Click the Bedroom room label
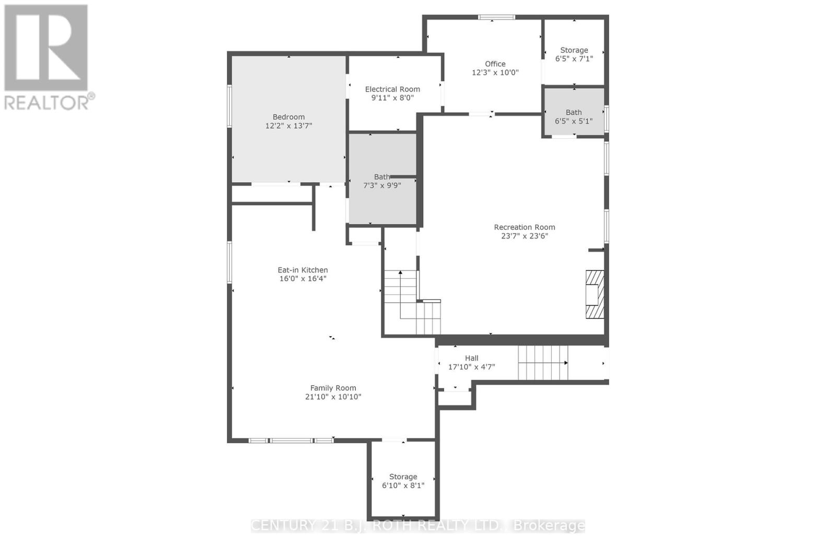tap(288, 117)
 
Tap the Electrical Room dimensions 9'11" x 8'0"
tap(392, 98)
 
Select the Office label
tap(495, 64)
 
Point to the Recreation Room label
tap(524, 227)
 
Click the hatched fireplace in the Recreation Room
tap(595, 294)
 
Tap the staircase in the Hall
tap(542, 363)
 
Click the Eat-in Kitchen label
tap(303, 270)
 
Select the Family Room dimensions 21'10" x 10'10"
tap(333, 397)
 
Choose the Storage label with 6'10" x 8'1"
tap(403, 477)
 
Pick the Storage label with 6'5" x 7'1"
tap(574, 50)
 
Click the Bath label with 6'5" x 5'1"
tap(573, 112)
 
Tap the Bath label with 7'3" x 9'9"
tap(381, 177)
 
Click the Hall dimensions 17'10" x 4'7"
tap(471, 367)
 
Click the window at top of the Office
tap(496, 18)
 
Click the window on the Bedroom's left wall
tap(229, 106)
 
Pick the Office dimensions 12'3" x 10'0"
tap(495, 73)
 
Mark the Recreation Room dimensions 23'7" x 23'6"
tap(524, 236)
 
